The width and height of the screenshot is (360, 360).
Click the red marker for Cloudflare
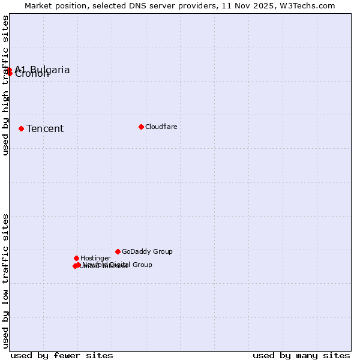coord(141,127)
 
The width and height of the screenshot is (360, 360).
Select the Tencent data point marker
coord(21,128)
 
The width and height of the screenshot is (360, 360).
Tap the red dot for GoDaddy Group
coord(118,251)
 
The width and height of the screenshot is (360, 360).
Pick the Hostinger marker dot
coord(76,258)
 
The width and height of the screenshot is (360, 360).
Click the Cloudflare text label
coord(161,127)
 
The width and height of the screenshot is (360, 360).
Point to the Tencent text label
coord(45,128)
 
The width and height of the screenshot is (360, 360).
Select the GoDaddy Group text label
coord(147,251)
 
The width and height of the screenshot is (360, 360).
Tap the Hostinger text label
coord(95,258)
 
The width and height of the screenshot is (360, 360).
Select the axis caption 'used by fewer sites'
coord(62,355)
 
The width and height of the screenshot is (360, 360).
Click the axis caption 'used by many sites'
coord(301,355)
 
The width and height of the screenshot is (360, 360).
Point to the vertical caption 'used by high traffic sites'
coord(5,85)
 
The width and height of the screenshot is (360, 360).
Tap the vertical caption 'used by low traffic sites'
coord(5,280)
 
